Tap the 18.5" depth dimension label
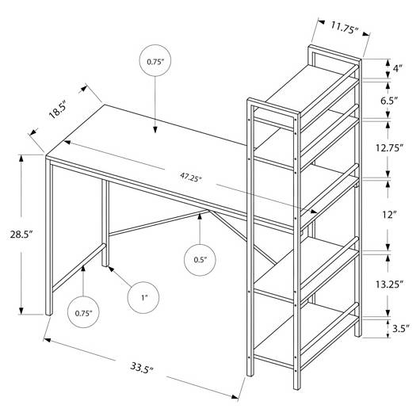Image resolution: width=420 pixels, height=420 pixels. coord(57,110)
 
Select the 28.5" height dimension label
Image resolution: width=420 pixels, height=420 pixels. coord(21,235)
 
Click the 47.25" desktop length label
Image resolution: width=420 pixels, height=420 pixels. coord(191,177)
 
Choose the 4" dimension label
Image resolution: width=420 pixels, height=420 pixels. coord(398,68)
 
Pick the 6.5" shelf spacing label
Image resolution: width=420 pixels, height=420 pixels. coord(389,101)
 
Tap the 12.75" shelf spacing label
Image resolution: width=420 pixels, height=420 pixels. coord(389,147)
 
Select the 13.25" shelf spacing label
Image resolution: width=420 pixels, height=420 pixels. coord(389,284)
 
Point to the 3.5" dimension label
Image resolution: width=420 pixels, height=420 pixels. coord(401,328)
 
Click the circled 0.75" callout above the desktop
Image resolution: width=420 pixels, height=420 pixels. coord(155,60)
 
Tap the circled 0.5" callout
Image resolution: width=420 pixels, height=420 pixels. coord(200,260)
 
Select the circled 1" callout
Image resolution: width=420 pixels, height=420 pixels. coord(143,298)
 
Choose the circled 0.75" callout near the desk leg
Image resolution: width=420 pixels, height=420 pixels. coord(83,312)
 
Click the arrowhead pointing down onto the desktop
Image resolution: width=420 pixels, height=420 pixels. coord(155,129)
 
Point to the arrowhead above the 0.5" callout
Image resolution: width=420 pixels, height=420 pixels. coord(200,216)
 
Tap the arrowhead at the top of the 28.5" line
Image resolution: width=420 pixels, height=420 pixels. coord(21,158)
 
